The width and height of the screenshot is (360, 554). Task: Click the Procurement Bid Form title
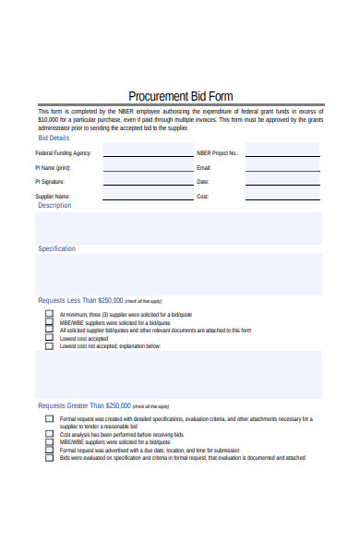(180, 96)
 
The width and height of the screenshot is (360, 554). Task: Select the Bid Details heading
(53, 137)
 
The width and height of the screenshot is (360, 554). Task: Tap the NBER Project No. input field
(282, 152)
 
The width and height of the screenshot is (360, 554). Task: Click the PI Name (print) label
(53, 168)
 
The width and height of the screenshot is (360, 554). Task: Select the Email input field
(282, 167)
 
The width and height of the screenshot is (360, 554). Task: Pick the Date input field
(282, 182)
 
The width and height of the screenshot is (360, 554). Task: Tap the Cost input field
(282, 197)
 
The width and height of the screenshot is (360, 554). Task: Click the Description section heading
(54, 206)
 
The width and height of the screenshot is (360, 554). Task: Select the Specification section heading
(57, 249)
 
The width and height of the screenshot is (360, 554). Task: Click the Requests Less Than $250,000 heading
(80, 301)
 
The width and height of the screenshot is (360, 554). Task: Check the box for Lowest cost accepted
(49, 338)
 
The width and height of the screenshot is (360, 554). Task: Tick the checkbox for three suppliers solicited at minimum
(49, 314)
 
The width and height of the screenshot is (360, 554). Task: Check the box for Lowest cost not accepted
(49, 346)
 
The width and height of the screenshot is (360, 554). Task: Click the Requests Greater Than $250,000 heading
(84, 405)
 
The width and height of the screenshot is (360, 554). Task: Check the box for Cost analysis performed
(49, 434)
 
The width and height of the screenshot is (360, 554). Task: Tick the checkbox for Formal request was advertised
(49, 450)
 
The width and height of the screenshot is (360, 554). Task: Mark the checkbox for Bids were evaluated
(49, 457)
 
